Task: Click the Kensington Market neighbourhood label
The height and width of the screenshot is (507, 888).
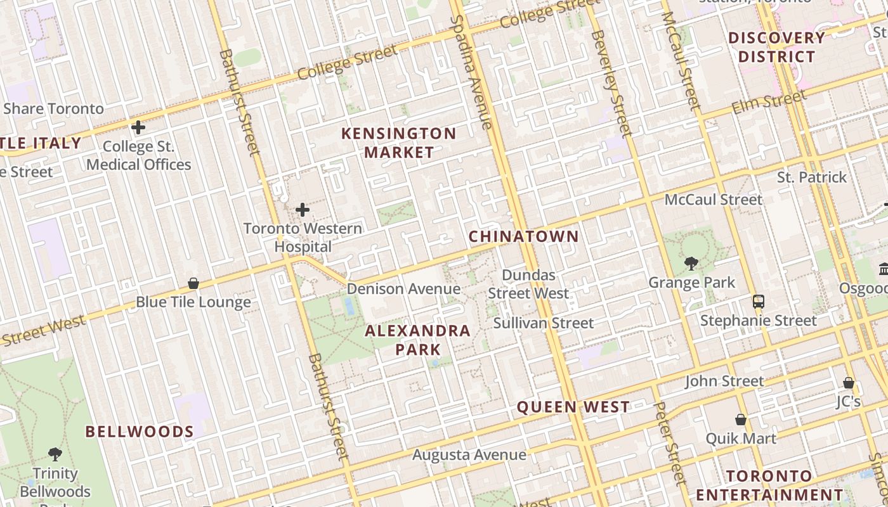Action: [x=398, y=143]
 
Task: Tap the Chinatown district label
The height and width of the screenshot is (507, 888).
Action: [x=523, y=236]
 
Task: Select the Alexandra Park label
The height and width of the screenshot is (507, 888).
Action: [x=417, y=340]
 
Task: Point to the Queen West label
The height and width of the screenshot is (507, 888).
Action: [x=573, y=407]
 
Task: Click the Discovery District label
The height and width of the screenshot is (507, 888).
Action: [x=776, y=48]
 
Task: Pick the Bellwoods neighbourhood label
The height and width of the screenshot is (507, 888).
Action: [x=140, y=432]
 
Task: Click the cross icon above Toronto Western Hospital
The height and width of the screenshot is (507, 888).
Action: [x=303, y=209]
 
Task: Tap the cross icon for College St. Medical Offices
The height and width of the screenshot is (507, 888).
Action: [x=138, y=127]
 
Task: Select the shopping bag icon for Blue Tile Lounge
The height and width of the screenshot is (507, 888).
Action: [x=193, y=283]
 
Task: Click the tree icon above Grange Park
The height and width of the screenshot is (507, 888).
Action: [x=691, y=263]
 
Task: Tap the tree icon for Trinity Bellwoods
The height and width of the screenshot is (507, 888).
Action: [x=55, y=454]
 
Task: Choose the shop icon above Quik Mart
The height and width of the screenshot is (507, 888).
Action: [x=740, y=420]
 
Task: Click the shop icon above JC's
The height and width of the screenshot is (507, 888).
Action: [x=848, y=383]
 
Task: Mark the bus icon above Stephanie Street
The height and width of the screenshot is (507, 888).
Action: [x=758, y=301]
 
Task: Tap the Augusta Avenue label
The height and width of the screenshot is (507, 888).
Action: [x=469, y=454]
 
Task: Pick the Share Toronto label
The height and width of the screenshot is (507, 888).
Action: [x=53, y=108]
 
